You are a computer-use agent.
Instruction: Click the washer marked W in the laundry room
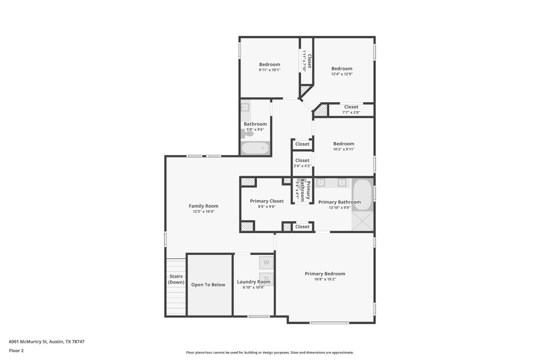pyautogui.click(x=266, y=262)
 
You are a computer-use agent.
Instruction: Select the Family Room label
pyautogui.click(x=203, y=206)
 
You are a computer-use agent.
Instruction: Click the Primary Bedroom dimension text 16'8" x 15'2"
pyautogui.click(x=325, y=279)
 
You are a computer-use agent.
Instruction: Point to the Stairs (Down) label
pyautogui.click(x=176, y=279)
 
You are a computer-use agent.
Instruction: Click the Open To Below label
pyautogui.click(x=208, y=285)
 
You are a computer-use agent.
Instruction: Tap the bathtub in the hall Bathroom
pyautogui.click(x=255, y=149)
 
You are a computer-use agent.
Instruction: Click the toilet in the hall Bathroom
pyautogui.click(x=247, y=134)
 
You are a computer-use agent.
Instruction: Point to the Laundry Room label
pyautogui.click(x=254, y=282)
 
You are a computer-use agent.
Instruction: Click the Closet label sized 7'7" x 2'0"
pyautogui.click(x=351, y=107)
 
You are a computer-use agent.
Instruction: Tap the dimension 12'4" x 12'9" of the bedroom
pyautogui.click(x=342, y=75)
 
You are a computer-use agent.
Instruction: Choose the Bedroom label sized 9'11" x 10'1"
pyautogui.click(x=270, y=65)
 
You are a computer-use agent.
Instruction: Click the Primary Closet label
pyautogui.click(x=267, y=201)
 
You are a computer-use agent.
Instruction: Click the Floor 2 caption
pyautogui.click(x=16, y=351)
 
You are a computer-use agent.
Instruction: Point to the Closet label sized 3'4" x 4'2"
pyautogui.click(x=302, y=160)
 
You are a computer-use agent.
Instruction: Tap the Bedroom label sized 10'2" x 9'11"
pyautogui.click(x=344, y=144)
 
